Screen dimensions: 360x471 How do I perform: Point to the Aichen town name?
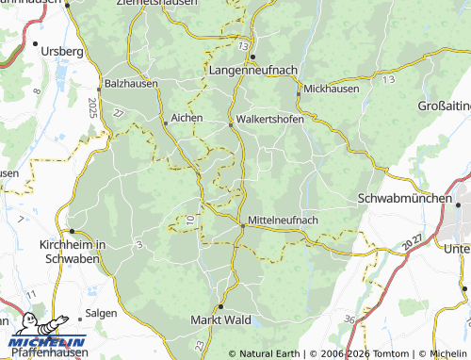(185, 122)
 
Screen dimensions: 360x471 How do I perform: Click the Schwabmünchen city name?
(406, 199)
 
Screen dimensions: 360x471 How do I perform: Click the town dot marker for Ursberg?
(36, 44)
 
